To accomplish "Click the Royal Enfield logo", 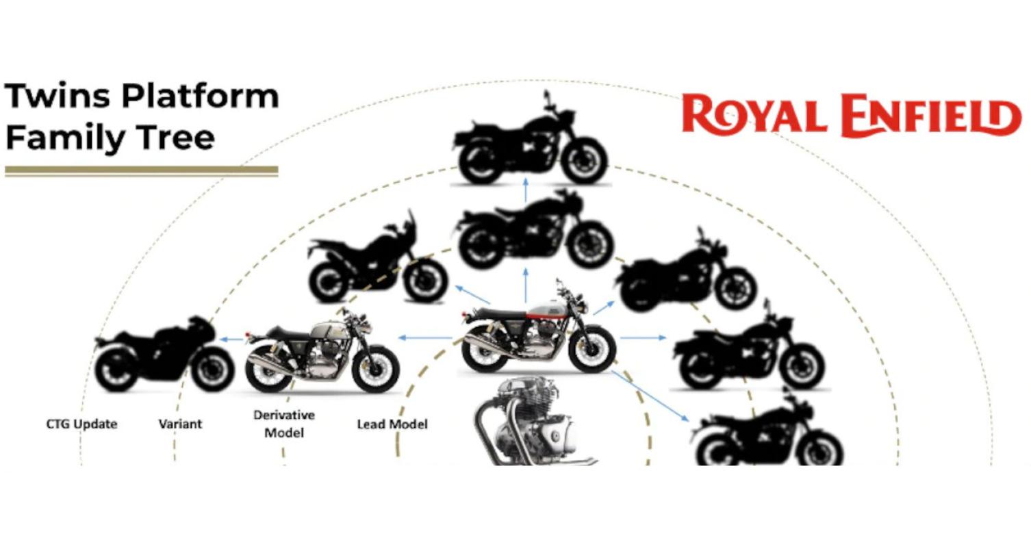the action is point(852,115).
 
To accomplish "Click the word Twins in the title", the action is point(58,96).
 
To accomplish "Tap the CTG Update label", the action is point(82,424).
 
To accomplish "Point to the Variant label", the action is point(180,424).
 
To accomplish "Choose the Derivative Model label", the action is point(284,424).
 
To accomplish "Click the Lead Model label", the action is point(392,424).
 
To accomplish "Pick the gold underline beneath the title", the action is point(142,171).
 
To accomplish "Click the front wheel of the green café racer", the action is point(375,368).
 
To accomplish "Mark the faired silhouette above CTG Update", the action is point(164,355).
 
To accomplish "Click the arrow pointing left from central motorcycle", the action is point(425,338).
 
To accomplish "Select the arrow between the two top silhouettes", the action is point(526,190).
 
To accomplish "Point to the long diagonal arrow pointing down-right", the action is point(650,396).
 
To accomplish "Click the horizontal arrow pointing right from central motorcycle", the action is point(643,338).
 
